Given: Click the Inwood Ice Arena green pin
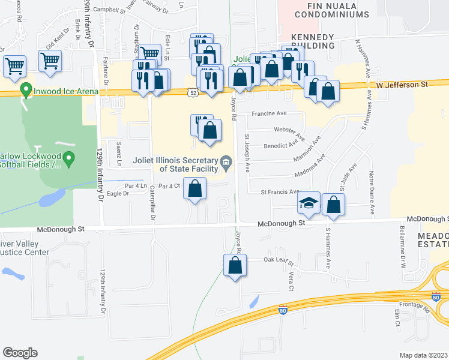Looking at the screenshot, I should pyautogui.click(x=26, y=91).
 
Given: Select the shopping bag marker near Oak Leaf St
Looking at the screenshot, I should pyautogui.click(x=235, y=265).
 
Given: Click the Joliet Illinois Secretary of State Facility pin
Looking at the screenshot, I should pyautogui.click(x=226, y=161).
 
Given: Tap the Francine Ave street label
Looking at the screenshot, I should pyautogui.click(x=270, y=113).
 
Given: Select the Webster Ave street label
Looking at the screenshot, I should pyautogui.click(x=286, y=129).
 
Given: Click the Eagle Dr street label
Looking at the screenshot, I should pyautogui.click(x=118, y=194).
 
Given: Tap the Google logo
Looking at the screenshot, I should pyautogui.click(x=20, y=353).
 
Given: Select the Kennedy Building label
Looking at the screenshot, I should pyautogui.click(x=312, y=41).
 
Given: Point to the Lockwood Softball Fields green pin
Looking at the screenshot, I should pyautogui.click(x=68, y=159).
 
